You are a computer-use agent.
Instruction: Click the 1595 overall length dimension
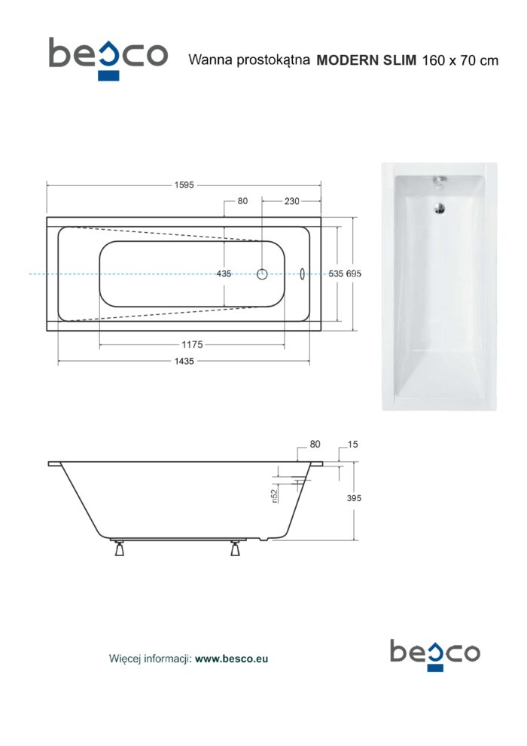tap(184, 185)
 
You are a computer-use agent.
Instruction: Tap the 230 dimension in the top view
tap(292, 201)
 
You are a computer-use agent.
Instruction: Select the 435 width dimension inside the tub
tap(224, 274)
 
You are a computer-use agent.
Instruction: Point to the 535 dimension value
tap(336, 274)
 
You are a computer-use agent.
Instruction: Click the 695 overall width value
tap(354, 274)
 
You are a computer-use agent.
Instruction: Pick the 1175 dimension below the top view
tap(192, 344)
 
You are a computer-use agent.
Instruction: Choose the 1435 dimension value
tap(184, 361)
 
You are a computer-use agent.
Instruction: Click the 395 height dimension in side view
tap(354, 498)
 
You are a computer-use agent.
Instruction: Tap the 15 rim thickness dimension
tap(352, 445)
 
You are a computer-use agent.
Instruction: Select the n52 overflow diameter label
tap(274, 495)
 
